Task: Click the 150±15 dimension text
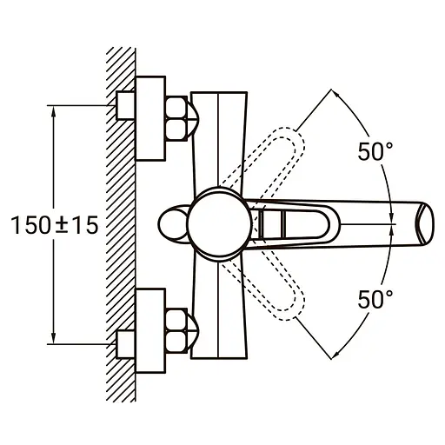pyautogui.click(x=54, y=224)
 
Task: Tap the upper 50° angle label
pyautogui.click(x=375, y=150)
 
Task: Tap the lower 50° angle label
pyautogui.click(x=375, y=299)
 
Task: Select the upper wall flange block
pyautogui.click(x=151, y=117)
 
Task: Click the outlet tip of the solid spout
pyautogui.click(x=426, y=223)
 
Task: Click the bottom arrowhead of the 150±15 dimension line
pyautogui.click(x=54, y=338)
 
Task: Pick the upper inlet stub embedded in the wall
pyautogui.click(x=125, y=106)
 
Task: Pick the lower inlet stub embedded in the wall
pyautogui.click(x=125, y=342)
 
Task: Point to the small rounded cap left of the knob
pyautogui.click(x=175, y=222)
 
